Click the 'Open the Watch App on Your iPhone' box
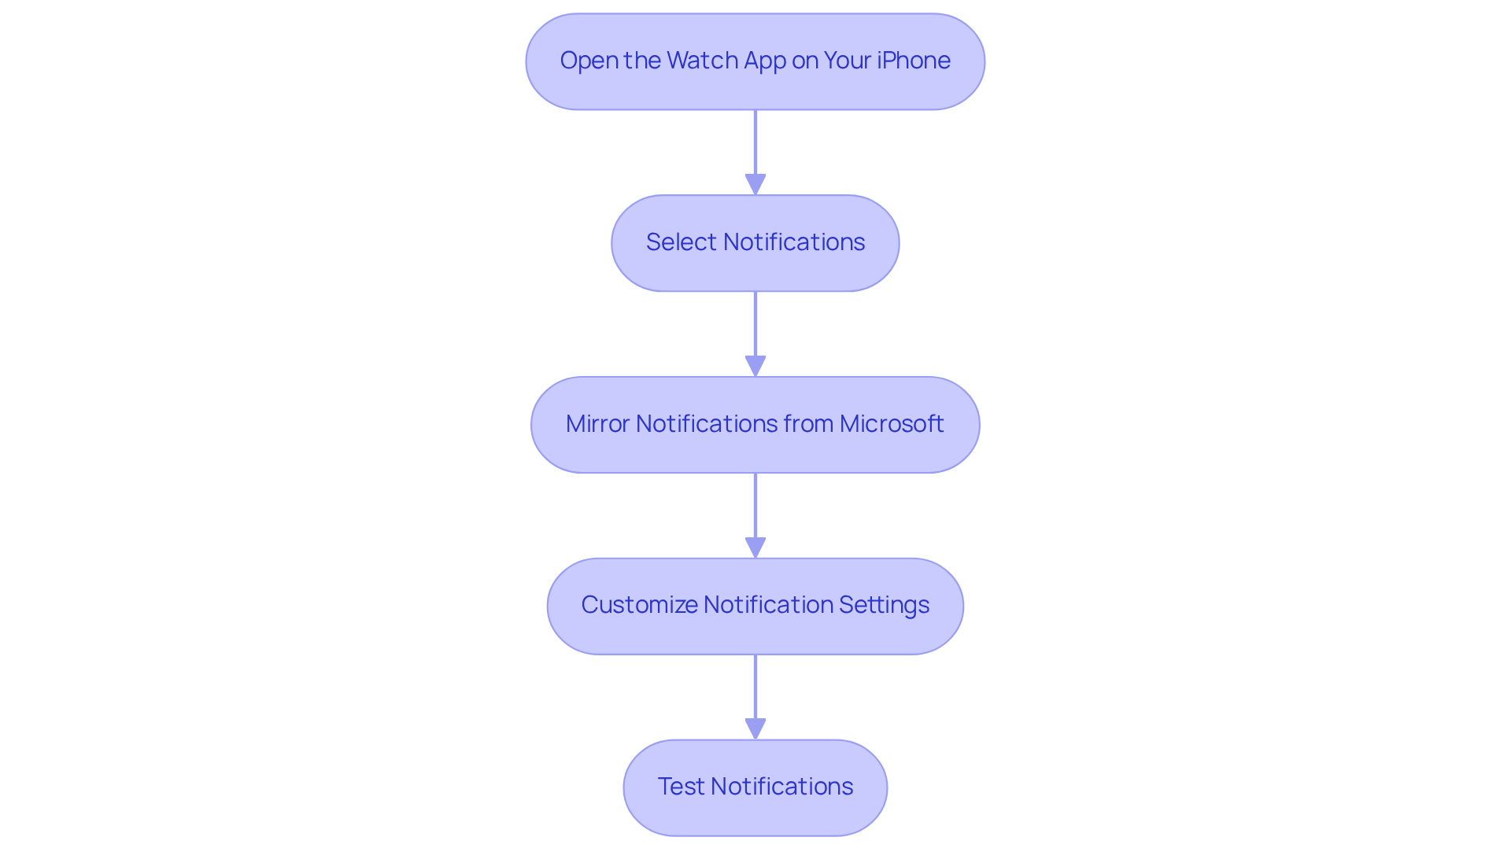(755, 61)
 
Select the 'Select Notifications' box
(755, 243)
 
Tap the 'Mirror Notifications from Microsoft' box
(755, 425)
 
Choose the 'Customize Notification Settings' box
(755, 606)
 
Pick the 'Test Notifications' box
(755, 787)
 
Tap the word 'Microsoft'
(891, 424)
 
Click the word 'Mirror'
(597, 424)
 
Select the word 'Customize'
(639, 605)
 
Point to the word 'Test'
(681, 787)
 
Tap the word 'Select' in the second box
(681, 242)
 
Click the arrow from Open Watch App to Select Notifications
(755, 146)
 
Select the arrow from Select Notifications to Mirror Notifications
(755, 326)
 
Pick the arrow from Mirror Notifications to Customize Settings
(755, 508)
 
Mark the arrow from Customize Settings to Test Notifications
(755, 689)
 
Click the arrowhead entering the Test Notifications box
(755, 729)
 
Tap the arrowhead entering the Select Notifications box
(755, 185)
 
